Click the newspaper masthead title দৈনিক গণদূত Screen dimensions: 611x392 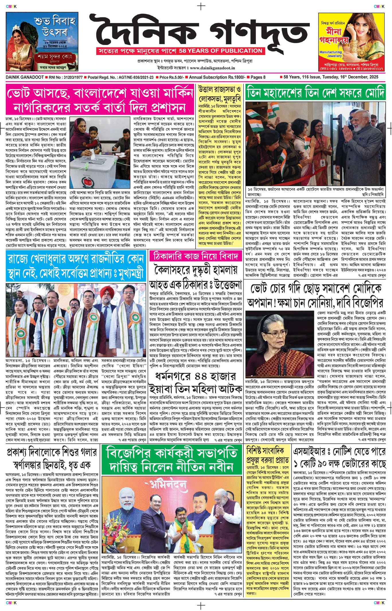[199, 30]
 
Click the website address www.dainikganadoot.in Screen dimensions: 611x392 [212, 68]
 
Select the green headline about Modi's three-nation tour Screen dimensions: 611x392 [315, 92]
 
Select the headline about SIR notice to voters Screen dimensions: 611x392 [339, 457]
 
